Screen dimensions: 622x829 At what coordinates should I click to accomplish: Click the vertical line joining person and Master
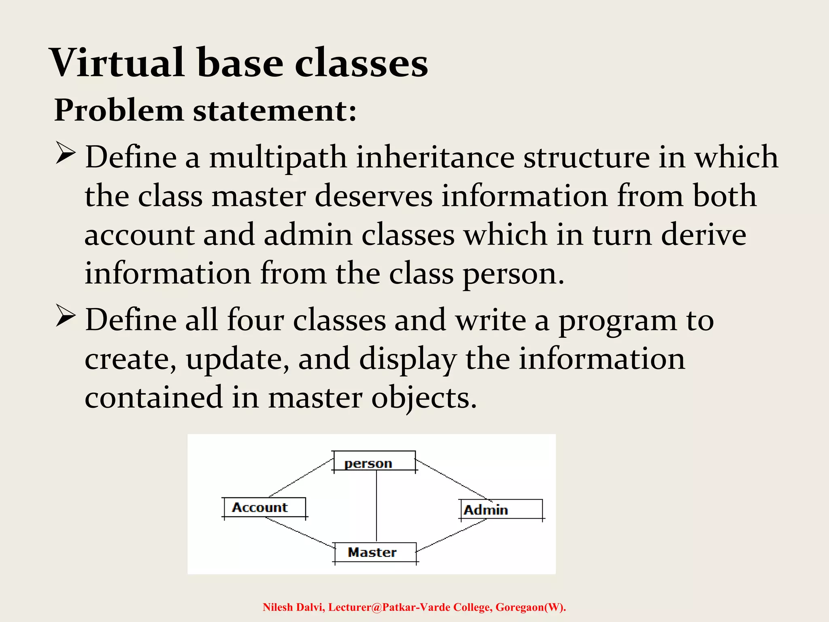[376, 506]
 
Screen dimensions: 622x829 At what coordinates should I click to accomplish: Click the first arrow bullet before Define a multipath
[65, 153]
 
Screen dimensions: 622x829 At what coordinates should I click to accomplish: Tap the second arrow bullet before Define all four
[65, 316]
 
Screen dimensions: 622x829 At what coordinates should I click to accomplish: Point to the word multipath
[278, 158]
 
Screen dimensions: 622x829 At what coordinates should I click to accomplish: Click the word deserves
[373, 196]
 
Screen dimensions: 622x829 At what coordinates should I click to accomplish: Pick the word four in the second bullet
[255, 320]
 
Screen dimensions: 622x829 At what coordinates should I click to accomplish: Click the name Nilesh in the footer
[278, 607]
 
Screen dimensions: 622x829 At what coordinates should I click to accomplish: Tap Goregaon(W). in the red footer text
[531, 607]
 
